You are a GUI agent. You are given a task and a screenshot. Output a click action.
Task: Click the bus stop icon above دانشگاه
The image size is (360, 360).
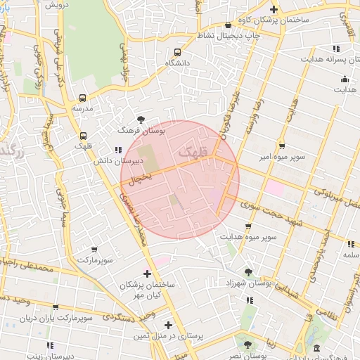point(177,52)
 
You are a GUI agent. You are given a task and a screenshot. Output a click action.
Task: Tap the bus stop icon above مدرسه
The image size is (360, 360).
point(83,98)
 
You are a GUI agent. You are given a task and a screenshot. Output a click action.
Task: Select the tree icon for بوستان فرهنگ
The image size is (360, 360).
point(141,120)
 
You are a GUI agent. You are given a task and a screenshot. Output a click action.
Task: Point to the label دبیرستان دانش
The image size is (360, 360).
point(119,161)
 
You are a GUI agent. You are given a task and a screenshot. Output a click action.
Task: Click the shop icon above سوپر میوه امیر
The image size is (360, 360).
point(282,146)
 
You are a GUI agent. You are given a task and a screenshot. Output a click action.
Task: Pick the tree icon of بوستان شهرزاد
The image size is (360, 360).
point(247,271)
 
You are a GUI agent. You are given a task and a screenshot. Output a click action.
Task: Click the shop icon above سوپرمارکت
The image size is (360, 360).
point(94,248)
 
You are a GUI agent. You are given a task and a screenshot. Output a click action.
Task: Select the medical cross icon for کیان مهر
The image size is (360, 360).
point(147,273)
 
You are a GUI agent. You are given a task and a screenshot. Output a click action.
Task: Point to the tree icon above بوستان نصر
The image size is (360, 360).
point(247,344)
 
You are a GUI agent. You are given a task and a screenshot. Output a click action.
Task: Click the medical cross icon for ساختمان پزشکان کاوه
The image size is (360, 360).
point(275,9)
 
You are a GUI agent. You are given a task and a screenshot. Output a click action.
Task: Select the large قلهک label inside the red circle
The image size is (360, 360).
point(193,151)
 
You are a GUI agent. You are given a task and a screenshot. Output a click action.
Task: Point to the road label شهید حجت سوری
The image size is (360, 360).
point(267,210)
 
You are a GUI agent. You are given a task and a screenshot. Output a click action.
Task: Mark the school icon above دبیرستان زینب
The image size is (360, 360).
point(49,345)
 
